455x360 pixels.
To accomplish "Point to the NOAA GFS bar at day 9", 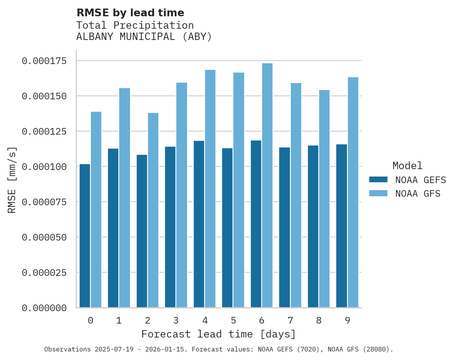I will [353, 192].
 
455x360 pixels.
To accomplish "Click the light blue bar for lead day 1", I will [125, 198].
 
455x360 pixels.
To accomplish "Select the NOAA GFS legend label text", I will [418, 194].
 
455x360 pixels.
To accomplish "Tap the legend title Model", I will [407, 166].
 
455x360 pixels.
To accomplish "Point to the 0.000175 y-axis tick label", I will [44, 61].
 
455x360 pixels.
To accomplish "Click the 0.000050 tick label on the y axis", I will [44, 237].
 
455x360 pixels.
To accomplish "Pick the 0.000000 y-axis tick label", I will [44, 308].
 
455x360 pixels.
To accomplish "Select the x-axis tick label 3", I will [176, 320].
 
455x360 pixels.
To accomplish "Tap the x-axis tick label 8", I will [319, 320].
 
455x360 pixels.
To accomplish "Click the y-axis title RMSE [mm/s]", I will [12, 180].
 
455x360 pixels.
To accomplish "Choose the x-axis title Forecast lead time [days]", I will [219, 334].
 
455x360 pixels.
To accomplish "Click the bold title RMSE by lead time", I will [130, 13].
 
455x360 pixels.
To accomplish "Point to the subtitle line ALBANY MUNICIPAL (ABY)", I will [144, 37].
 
